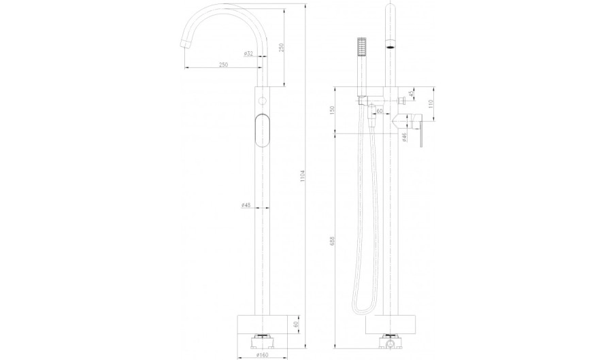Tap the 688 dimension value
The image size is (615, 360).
[x=332, y=240]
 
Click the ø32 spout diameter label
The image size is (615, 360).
[x=248, y=53]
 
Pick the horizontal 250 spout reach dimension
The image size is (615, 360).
[x=223, y=65]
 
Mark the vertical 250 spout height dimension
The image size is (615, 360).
[x=281, y=48]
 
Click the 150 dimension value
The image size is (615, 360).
[x=332, y=110]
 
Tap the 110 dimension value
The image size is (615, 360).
[x=431, y=103]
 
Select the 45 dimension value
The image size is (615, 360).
[x=411, y=94]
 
